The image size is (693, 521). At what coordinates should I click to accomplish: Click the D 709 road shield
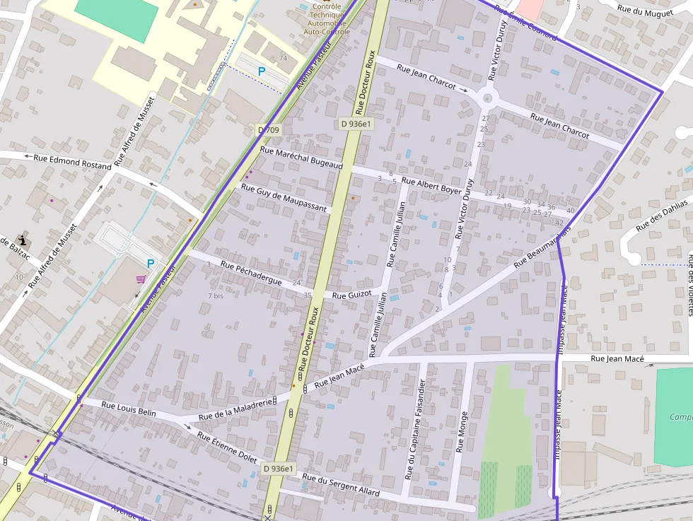269,130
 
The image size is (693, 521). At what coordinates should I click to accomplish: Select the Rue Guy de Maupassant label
284,198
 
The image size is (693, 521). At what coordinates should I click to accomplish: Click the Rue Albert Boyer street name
431,185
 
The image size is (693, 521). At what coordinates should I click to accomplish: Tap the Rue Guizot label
351,295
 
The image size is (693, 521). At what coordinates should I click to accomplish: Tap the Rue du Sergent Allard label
341,485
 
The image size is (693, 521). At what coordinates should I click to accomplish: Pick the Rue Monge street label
462,432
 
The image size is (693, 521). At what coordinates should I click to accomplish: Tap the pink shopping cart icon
141,279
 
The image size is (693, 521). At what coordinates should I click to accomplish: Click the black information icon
23,240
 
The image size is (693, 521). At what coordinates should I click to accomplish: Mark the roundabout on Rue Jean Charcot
487,98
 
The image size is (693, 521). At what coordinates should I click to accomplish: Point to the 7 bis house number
215,295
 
